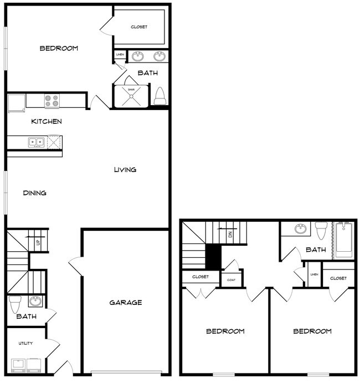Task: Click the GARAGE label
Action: (x=125, y=303)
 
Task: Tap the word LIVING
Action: (x=125, y=170)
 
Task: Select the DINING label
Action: (x=34, y=193)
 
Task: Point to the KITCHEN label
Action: (x=46, y=122)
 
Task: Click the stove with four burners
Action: (x=52, y=101)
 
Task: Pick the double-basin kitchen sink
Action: (x=36, y=142)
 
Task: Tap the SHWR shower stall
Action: (x=131, y=95)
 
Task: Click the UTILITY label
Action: (x=25, y=343)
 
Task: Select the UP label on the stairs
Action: (x=38, y=242)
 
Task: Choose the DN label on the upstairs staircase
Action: (x=230, y=235)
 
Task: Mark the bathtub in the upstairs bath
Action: (x=343, y=240)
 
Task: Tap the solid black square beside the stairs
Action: (x=213, y=257)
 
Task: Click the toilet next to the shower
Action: (x=160, y=96)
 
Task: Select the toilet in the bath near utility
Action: (x=16, y=303)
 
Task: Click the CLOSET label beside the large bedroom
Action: (x=139, y=27)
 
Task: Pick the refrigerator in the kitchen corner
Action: (x=16, y=102)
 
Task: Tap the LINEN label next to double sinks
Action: (x=120, y=55)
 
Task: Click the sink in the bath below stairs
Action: (x=35, y=302)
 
